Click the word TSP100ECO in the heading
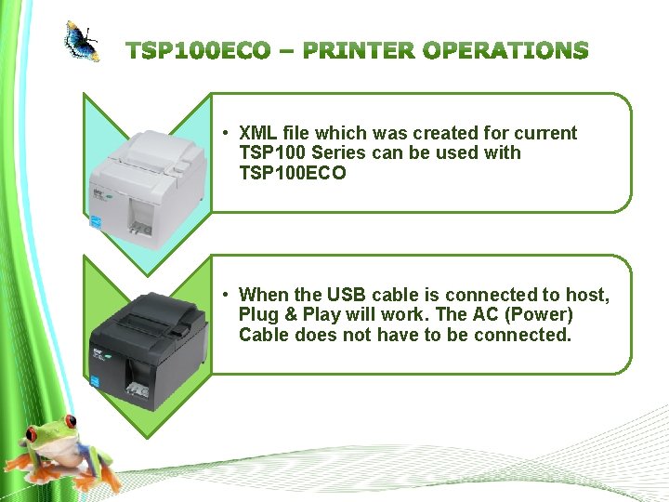click(198, 50)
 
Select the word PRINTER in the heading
click(358, 50)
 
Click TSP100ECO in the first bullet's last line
click(292, 172)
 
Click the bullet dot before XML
click(226, 133)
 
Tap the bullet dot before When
click(226, 296)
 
